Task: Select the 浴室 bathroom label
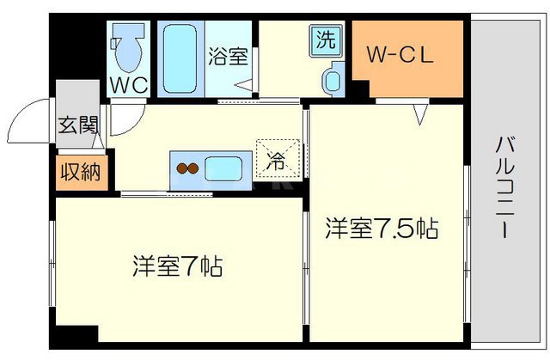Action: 228,57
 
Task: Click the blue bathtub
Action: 180,60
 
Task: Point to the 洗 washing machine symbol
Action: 326,40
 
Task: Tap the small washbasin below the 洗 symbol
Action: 331,81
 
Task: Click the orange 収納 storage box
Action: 79,171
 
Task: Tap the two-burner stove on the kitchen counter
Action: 186,167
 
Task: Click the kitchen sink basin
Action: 224,167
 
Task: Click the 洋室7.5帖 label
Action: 382,229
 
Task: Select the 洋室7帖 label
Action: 177,265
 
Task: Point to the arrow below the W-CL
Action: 420,112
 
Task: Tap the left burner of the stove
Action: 181,167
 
